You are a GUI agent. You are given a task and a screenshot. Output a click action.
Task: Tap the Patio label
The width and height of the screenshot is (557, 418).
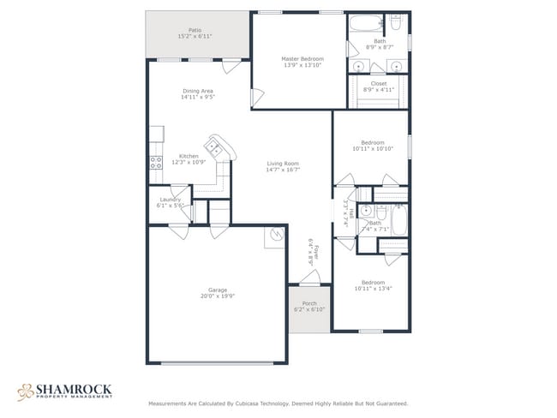[195, 30]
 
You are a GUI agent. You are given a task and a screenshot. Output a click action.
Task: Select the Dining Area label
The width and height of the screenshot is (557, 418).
[197, 91]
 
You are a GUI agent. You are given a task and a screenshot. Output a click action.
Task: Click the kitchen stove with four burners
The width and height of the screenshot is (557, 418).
[156, 159]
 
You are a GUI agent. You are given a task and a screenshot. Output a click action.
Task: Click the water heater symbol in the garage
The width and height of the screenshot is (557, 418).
[277, 233]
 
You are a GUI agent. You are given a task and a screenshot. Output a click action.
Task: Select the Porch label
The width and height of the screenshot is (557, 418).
[309, 303]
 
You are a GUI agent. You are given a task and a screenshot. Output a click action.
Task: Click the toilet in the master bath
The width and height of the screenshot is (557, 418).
[395, 21]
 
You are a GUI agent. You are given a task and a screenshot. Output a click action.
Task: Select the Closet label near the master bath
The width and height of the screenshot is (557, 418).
[379, 83]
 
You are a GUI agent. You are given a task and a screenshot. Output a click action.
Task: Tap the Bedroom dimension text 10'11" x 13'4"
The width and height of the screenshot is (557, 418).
[372, 289]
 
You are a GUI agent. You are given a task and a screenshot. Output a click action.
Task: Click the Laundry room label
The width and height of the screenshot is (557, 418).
[170, 200]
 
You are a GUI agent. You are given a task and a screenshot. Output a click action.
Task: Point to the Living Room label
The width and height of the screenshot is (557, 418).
[282, 164]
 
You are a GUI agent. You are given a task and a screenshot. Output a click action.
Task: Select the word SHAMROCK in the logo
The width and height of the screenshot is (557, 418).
[73, 388]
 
